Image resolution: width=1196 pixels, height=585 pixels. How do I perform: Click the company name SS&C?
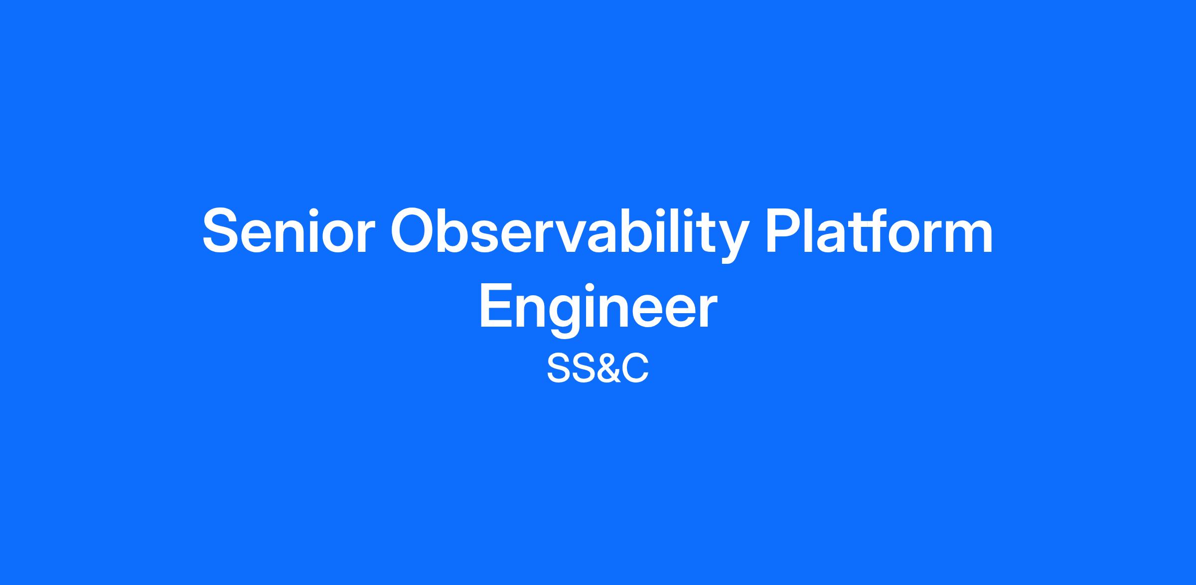[598, 369]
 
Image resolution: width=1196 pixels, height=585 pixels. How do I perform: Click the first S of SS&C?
[558, 369]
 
